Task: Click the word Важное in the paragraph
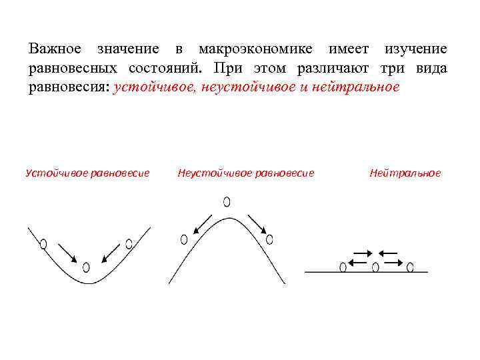coord(55,49)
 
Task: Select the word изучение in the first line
coord(415,49)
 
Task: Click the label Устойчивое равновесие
coord(87,173)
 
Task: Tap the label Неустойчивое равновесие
coord(246,173)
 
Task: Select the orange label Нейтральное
coord(405,173)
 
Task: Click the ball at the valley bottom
coord(86,267)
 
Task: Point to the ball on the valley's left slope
coord(44,244)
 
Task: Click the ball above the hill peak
coord(227,201)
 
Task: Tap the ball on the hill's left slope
coord(184,239)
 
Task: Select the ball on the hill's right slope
coord(270,239)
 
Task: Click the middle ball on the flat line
coord(376,267)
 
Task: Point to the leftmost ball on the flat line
coord(343,267)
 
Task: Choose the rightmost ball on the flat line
coord(410,267)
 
